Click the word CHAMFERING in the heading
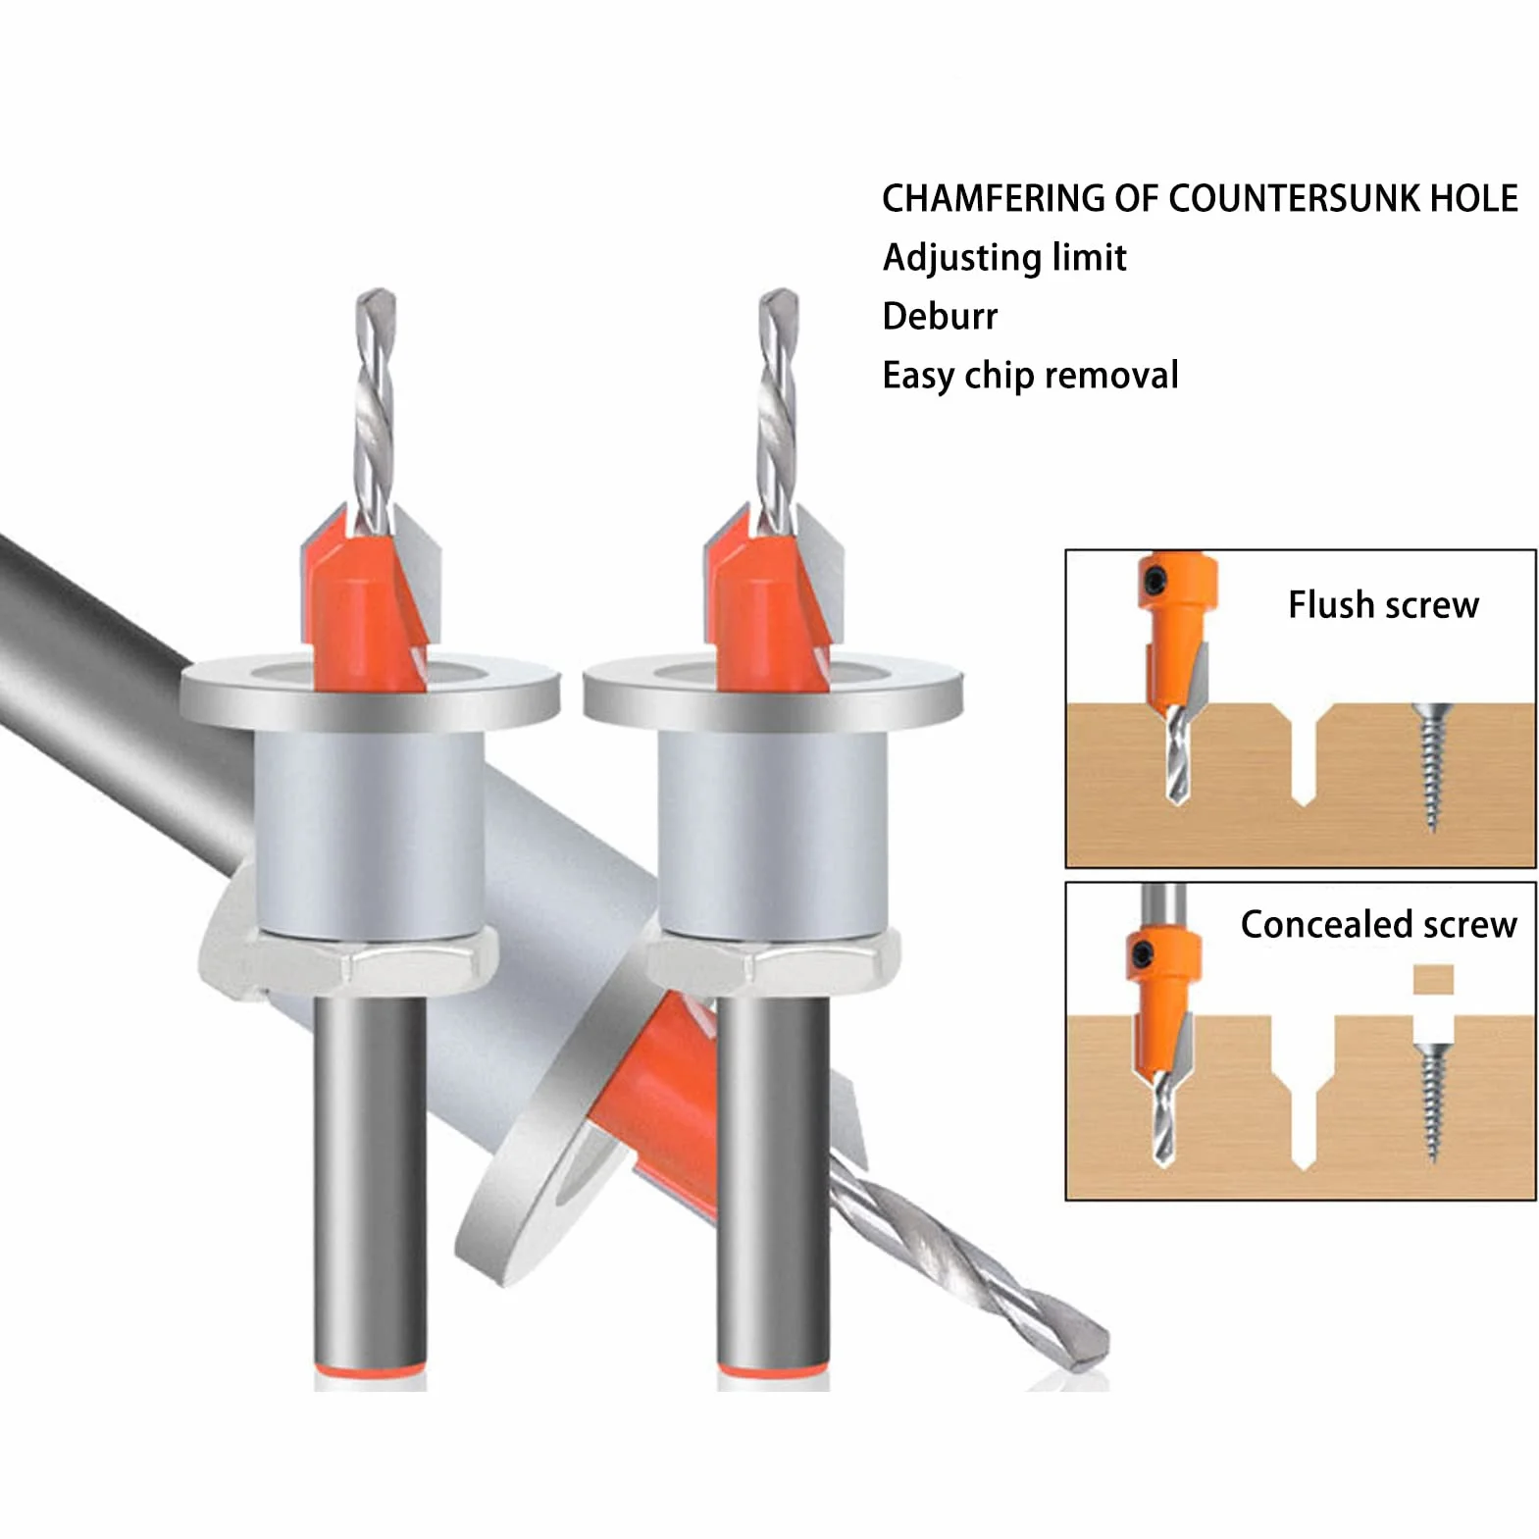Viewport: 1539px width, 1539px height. point(993,198)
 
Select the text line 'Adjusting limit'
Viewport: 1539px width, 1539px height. point(1004,258)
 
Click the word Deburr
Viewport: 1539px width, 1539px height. point(940,316)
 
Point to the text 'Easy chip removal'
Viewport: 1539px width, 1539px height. point(1030,376)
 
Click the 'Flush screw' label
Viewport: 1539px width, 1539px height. point(1383,605)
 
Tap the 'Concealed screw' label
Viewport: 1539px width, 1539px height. point(1378,924)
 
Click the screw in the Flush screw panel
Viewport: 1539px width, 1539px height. point(1431,766)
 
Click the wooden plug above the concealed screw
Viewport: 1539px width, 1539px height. point(1433,979)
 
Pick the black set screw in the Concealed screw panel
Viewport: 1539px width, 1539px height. point(1144,953)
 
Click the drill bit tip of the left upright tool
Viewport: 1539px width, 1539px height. point(376,294)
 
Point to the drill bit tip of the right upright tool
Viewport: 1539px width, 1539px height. point(779,294)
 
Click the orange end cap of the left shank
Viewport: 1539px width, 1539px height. point(370,1369)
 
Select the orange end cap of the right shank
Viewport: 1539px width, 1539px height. point(773,1369)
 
